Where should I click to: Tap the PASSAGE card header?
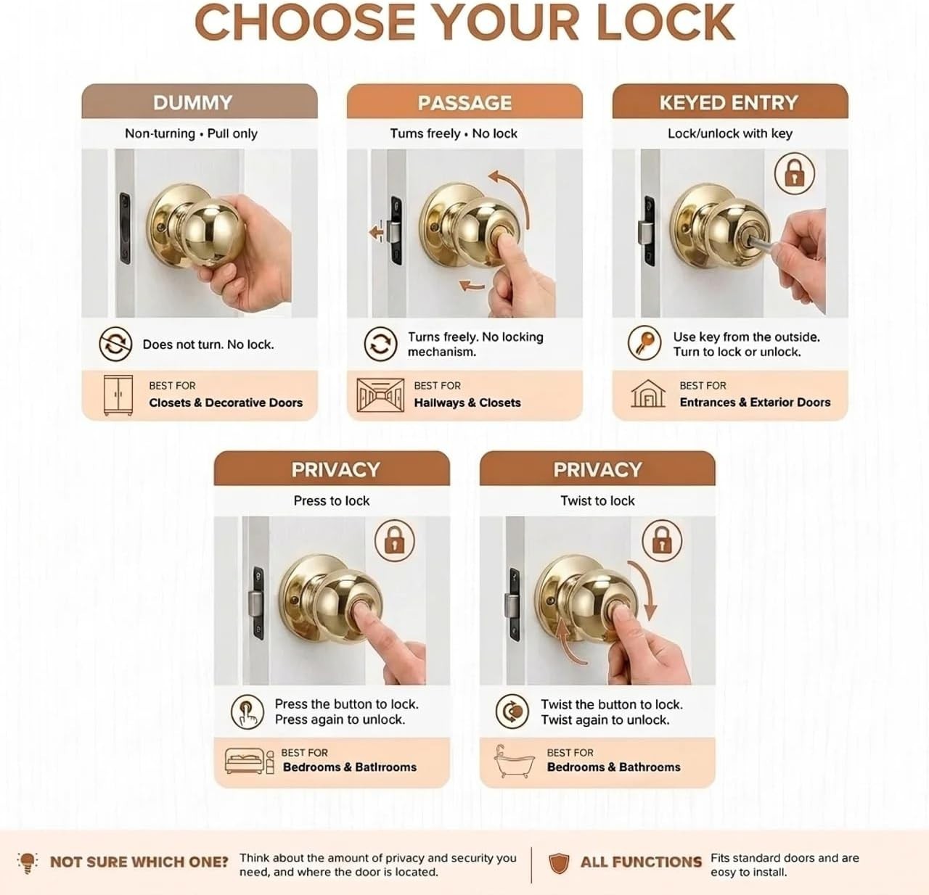(464, 102)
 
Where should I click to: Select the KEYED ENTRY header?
(730, 102)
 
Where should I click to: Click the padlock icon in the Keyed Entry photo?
(795, 173)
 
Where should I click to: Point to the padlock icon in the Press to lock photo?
(395, 540)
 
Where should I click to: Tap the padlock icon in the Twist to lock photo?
(662, 540)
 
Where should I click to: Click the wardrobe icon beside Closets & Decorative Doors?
(118, 395)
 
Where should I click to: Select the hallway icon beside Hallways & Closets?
(380, 395)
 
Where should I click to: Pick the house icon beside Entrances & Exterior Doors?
(648, 394)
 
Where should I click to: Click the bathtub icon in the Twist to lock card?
(514, 762)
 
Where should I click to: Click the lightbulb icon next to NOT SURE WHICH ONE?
(27, 862)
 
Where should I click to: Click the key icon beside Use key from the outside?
(644, 343)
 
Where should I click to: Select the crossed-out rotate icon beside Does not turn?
(115, 344)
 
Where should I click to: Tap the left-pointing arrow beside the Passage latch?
(376, 233)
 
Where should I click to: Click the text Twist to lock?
(597, 500)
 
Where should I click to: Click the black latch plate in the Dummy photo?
(125, 228)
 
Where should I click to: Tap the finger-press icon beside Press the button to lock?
(247, 712)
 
